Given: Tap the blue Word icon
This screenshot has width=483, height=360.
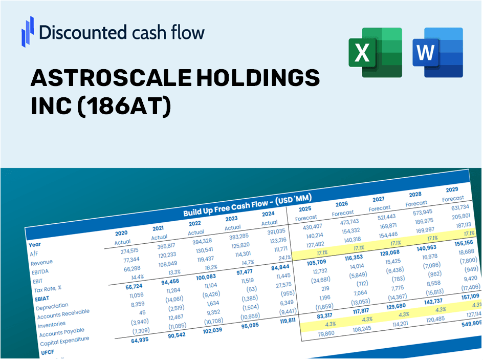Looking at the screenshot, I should (x=437, y=53).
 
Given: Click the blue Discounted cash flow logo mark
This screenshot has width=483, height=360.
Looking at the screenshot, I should (x=28, y=31).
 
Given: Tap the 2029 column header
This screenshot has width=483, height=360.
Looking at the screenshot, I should (x=452, y=189).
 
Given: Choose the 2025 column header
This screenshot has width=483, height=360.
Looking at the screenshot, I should (x=305, y=209).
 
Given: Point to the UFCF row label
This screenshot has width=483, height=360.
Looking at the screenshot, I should (x=47, y=353).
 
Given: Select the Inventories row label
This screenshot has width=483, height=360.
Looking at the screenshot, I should (x=51, y=324).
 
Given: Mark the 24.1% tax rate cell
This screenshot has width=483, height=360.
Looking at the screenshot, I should (x=283, y=257).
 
